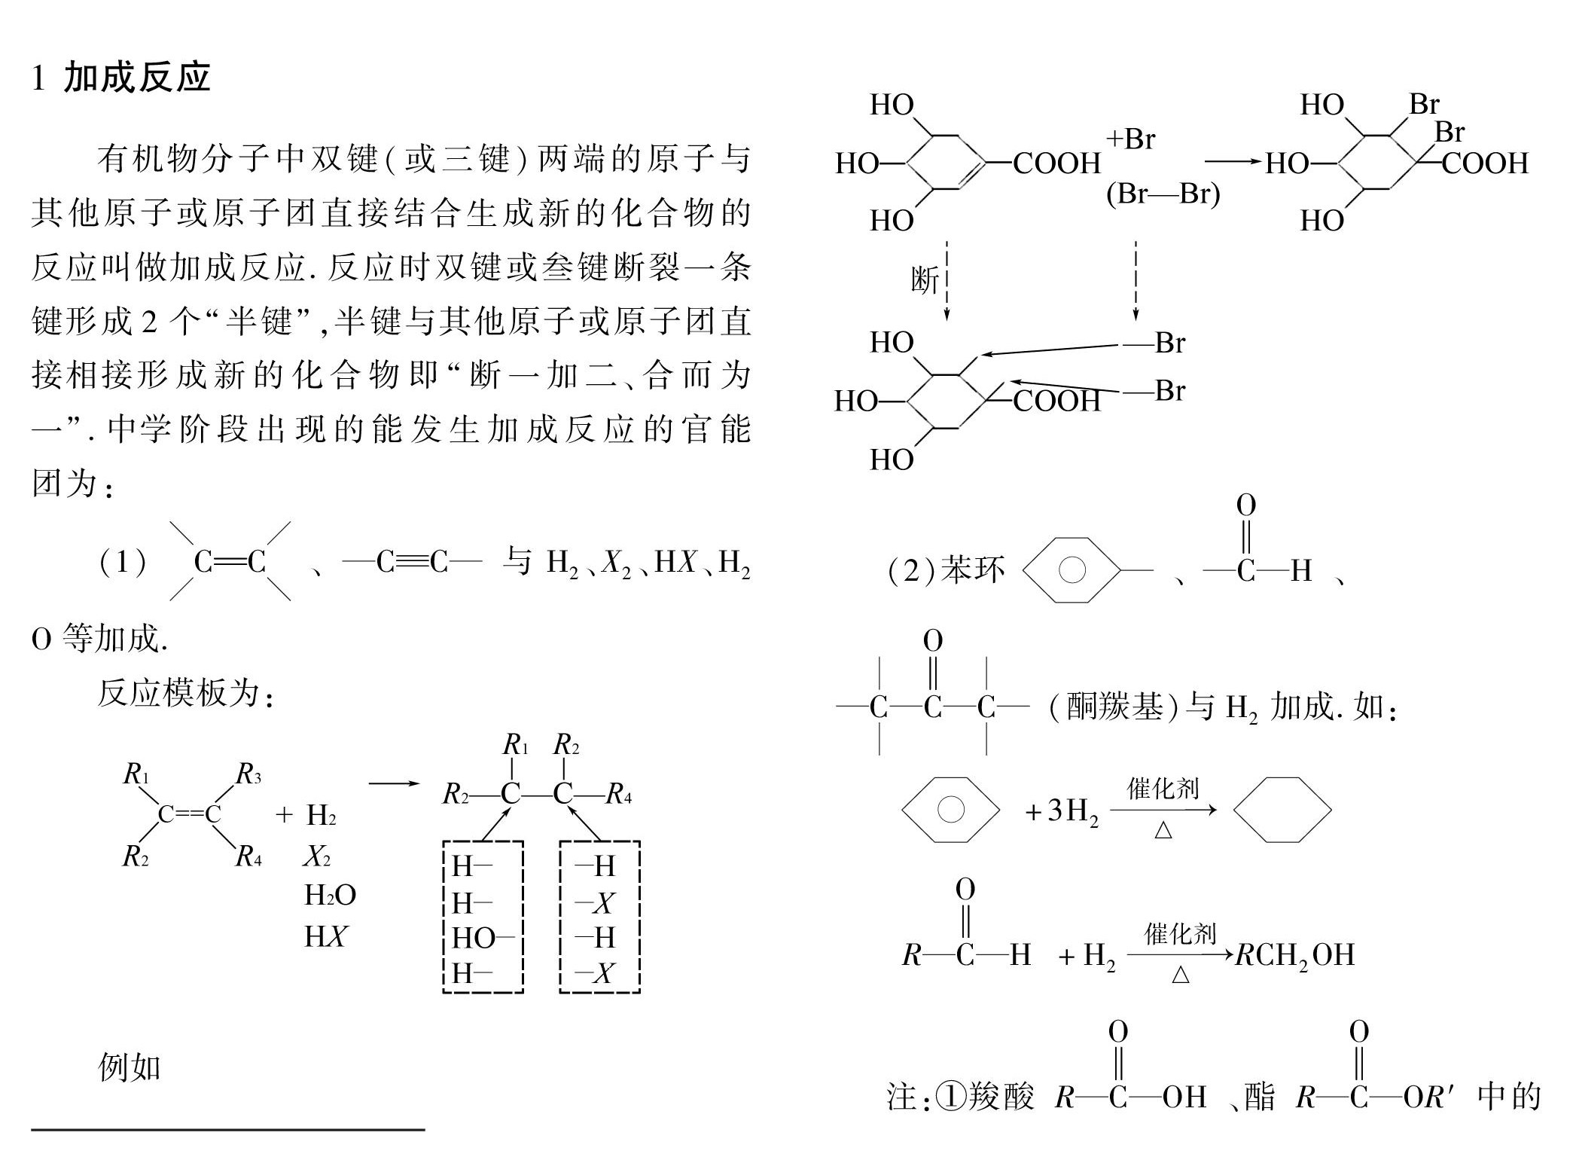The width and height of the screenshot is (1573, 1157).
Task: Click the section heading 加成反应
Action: [x=137, y=78]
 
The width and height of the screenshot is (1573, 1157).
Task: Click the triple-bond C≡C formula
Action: [x=412, y=561]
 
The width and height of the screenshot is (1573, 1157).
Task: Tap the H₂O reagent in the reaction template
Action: [x=330, y=895]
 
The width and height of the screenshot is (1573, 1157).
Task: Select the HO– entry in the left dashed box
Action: [x=482, y=938]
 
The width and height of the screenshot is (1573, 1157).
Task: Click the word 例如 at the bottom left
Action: [x=130, y=1067]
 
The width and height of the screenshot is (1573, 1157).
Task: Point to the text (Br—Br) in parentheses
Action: [x=1163, y=194]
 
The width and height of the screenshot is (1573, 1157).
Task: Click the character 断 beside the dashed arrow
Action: [x=925, y=280]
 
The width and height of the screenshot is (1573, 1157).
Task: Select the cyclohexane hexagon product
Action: [x=1282, y=810]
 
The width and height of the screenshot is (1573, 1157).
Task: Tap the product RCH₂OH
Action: [x=1294, y=954]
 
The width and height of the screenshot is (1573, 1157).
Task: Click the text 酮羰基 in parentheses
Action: [x=1114, y=707]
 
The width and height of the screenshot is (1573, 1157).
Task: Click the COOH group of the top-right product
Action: [x=1485, y=163]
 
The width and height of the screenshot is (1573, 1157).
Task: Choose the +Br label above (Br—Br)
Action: [x=1130, y=139]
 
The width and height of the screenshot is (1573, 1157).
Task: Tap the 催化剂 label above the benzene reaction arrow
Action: [x=1163, y=789]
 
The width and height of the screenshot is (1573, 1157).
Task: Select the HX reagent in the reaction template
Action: [x=325, y=936]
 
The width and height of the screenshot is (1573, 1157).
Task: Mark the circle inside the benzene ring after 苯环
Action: [x=1072, y=570]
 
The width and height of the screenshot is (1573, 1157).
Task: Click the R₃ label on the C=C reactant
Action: [x=248, y=774]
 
